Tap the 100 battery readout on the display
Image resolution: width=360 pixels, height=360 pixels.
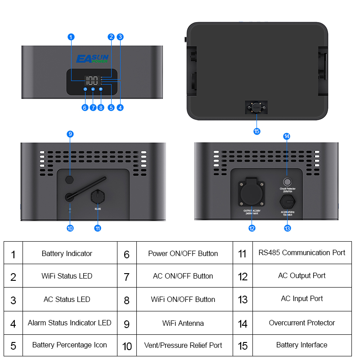point(91,81)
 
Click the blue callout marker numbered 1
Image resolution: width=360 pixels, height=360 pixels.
point(71,36)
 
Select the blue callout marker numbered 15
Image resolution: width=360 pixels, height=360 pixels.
point(256,131)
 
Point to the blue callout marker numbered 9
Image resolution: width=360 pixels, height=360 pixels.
point(70,134)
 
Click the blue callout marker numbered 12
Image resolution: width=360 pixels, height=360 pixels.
point(252,228)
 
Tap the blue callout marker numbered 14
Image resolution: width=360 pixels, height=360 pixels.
point(287,136)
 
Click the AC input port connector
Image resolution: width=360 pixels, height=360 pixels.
point(287,200)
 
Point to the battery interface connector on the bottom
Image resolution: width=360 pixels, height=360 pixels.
point(256,108)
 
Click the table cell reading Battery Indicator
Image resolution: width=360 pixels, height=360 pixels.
point(67,254)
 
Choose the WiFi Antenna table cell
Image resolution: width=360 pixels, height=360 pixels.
point(183,323)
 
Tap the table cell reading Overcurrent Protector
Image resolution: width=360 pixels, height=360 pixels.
point(301,323)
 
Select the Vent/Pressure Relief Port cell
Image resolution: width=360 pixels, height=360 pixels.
point(183,346)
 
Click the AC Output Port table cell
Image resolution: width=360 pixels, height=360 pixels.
point(301,275)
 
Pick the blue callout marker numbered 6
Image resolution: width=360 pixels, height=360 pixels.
point(85,108)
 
